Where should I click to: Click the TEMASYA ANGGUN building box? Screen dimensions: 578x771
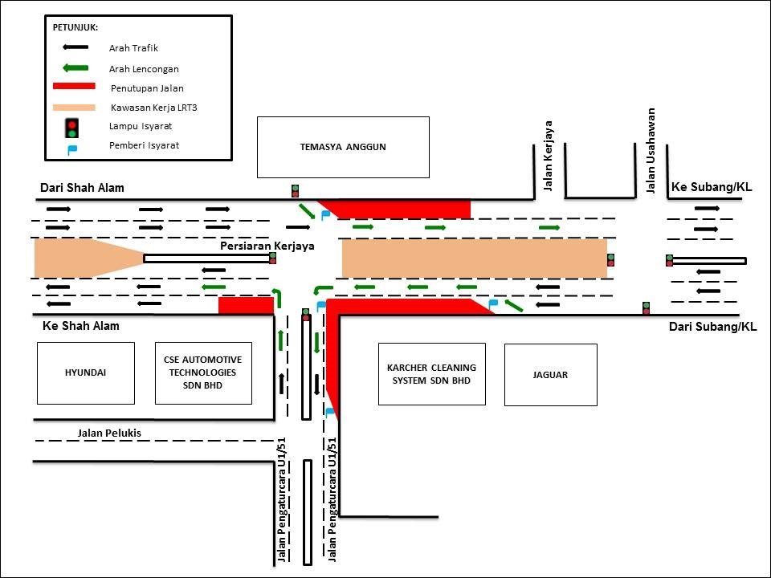[343, 147]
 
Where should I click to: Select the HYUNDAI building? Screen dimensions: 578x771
[85, 373]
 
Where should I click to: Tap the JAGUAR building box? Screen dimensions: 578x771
[550, 374]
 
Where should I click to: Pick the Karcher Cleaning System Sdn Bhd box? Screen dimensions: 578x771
[431, 373]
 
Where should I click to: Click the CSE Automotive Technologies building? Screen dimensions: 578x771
[202, 373]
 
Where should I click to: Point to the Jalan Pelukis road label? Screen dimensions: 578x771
[109, 433]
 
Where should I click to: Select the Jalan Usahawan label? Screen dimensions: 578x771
[651, 151]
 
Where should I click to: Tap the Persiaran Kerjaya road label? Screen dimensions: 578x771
[267, 246]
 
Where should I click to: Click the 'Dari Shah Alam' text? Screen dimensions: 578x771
[82, 188]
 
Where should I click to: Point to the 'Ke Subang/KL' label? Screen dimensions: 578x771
[711, 187]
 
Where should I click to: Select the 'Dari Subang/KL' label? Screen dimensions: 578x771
[712, 327]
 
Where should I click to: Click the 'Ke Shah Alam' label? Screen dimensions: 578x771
[80, 326]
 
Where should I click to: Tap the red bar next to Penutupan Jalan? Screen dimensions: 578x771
[74, 87]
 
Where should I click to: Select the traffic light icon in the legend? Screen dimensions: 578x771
[72, 128]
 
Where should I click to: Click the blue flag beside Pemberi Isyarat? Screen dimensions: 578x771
[71, 148]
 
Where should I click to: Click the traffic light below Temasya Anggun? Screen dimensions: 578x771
[295, 191]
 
